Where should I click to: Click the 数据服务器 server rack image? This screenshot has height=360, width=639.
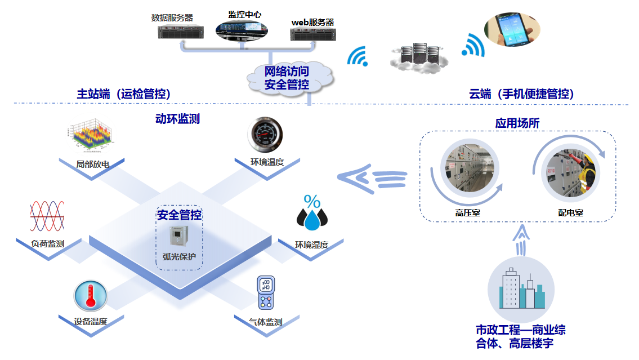[x=180, y=32]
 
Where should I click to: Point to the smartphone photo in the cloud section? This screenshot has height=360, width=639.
[x=512, y=30]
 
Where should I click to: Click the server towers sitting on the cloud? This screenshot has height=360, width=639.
[x=418, y=55]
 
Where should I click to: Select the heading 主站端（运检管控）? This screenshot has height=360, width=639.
[x=123, y=94]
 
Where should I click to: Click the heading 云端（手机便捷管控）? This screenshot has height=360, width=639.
[x=521, y=94]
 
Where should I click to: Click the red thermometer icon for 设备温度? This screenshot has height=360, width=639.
[x=90, y=296]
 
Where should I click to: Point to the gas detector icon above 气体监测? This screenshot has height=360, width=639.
[x=266, y=293]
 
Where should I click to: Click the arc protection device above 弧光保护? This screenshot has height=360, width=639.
[x=179, y=237]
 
